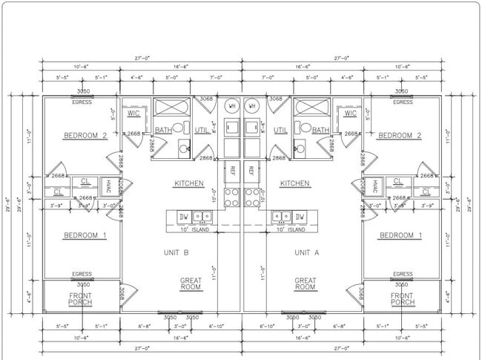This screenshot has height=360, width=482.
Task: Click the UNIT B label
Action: pos(176,252)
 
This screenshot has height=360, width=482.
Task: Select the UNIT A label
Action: pos(306,252)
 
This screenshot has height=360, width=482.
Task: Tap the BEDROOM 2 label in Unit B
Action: pos(85,135)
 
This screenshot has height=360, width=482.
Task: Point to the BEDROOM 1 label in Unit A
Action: pos(400,236)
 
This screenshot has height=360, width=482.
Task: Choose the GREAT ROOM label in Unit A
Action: pos(306,284)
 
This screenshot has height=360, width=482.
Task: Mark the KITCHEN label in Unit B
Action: pos(189,183)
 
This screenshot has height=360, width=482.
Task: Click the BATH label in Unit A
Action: pos(320,131)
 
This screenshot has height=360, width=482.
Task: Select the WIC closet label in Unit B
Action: pos(133,114)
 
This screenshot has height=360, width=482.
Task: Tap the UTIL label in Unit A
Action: pos(281,131)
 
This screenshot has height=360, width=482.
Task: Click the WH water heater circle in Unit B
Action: pos(231,105)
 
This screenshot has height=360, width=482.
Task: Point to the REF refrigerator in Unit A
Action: pos(251,171)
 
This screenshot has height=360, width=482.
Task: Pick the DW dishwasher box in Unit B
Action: pos(182,217)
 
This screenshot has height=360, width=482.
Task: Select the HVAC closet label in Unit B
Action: pos(108,186)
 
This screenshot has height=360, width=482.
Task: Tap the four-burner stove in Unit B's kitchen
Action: pos(231,197)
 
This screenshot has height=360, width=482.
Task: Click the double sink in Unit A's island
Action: pos(281,217)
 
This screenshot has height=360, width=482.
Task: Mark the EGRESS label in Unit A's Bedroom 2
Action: pos(402,102)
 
